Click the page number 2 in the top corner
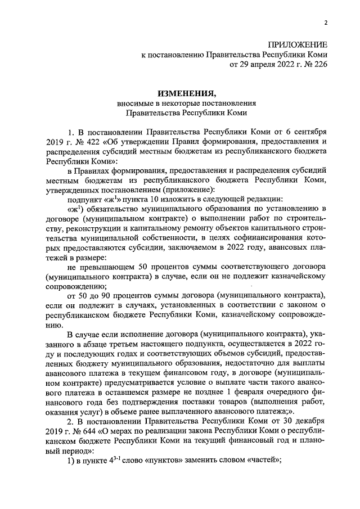click(325, 22)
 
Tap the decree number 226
click(318, 65)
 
